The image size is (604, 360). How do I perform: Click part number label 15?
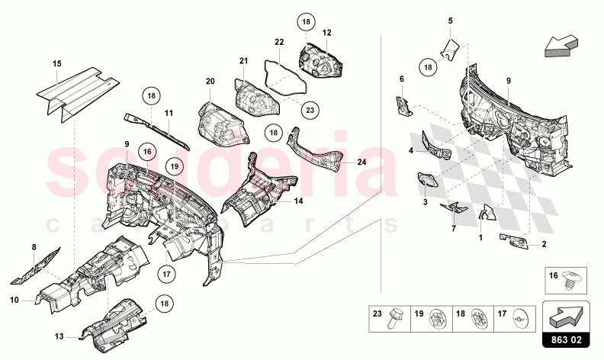[x=56, y=64]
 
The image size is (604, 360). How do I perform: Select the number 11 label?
[x=169, y=113]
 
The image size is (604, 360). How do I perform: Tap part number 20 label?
[x=210, y=81]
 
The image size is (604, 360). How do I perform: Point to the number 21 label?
[x=244, y=61]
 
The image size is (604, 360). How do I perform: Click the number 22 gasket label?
[x=280, y=42]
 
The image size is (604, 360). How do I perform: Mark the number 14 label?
[x=298, y=201]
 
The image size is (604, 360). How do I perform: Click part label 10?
[x=14, y=300]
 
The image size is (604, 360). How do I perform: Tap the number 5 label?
[x=450, y=21]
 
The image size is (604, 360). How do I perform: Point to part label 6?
[x=401, y=79]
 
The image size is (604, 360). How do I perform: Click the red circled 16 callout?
[x=149, y=152]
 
